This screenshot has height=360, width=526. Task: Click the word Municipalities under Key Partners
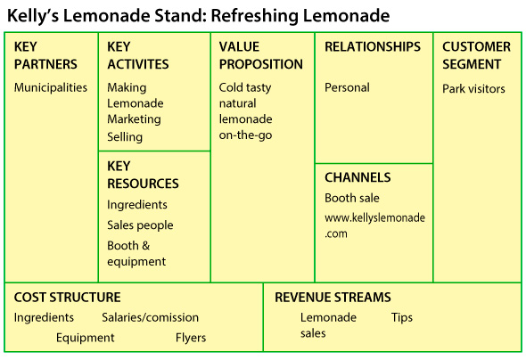pyautogui.click(x=51, y=87)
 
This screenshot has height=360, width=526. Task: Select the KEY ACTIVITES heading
pyautogui.click(x=138, y=55)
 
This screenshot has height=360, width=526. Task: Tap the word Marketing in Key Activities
pyautogui.click(x=135, y=119)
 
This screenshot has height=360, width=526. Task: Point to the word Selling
pyautogui.click(x=125, y=136)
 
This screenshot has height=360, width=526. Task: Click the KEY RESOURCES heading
pyautogui.click(x=143, y=175)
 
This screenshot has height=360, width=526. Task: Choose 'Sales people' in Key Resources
pyautogui.click(x=140, y=225)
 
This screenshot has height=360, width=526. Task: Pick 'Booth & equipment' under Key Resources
pyautogui.click(x=136, y=253)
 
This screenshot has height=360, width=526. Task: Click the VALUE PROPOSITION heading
pyautogui.click(x=261, y=55)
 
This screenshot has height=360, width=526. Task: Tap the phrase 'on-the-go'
pyautogui.click(x=245, y=135)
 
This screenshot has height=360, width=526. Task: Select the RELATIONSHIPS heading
pyautogui.click(x=373, y=46)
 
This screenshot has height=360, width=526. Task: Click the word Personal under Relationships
pyautogui.click(x=347, y=87)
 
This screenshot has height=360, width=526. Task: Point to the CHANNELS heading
pyautogui.click(x=358, y=177)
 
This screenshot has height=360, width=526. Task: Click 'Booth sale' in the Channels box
pyautogui.click(x=352, y=198)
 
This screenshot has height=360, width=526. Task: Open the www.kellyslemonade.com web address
pyautogui.click(x=374, y=225)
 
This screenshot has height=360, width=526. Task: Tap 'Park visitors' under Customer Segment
pyautogui.click(x=473, y=89)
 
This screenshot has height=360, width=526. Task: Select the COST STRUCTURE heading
pyautogui.click(x=67, y=298)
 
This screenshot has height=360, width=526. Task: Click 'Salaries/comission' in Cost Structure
pyautogui.click(x=151, y=317)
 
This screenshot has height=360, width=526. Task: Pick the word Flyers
pyautogui.click(x=191, y=338)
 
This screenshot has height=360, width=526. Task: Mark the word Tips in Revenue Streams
pyautogui.click(x=402, y=318)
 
